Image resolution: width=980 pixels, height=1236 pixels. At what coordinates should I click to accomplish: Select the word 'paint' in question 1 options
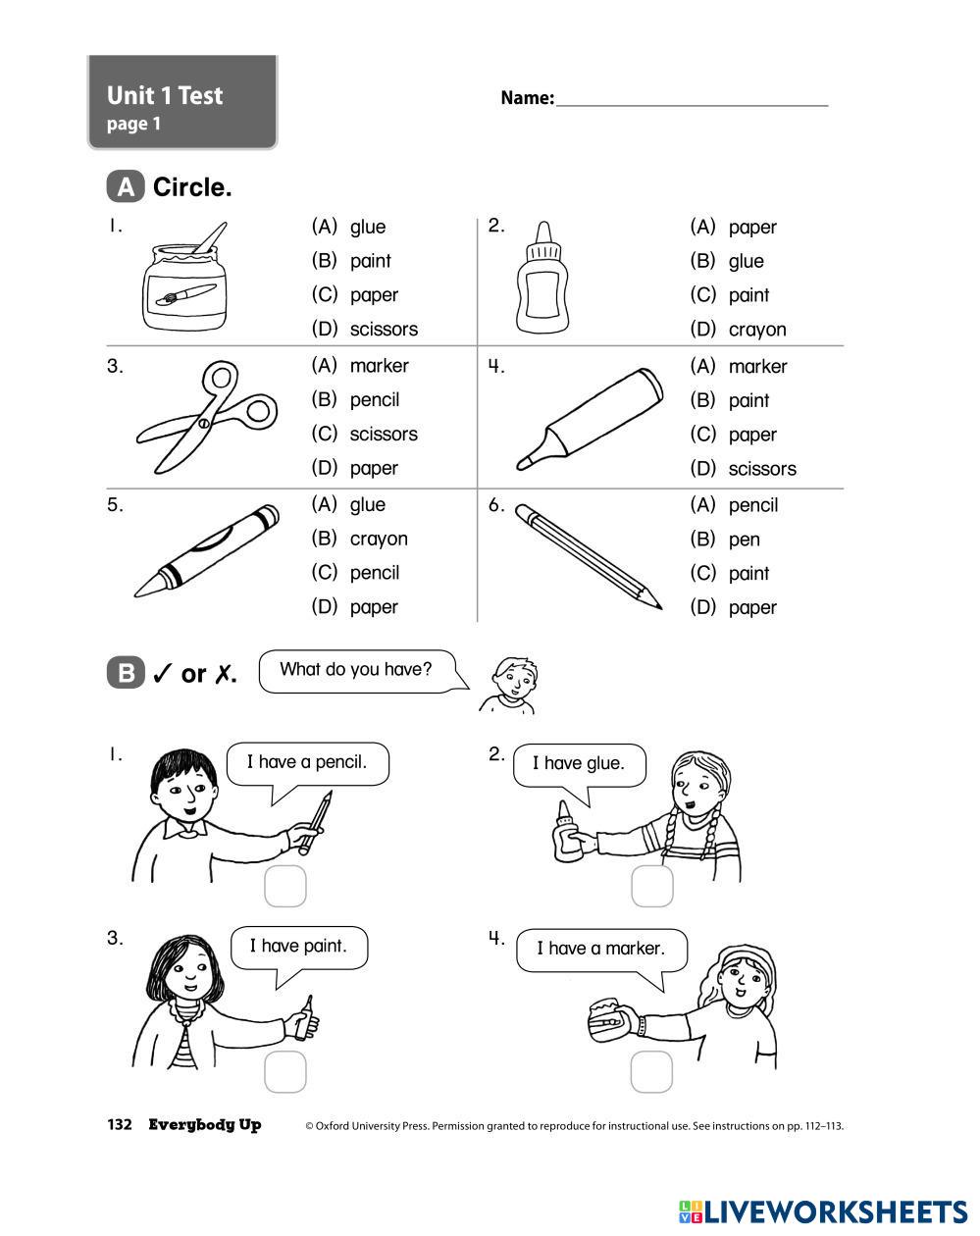point(370,261)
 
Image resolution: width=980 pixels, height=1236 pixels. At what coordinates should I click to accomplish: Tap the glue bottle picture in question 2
point(542,278)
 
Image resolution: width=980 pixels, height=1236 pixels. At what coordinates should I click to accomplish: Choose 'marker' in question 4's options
point(757,367)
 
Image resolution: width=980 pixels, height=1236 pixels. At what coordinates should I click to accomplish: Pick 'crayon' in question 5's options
point(378,539)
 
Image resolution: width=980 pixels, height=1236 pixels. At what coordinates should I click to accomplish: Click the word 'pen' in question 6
point(744,540)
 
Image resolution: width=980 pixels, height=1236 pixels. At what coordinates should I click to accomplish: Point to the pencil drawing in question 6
point(589,556)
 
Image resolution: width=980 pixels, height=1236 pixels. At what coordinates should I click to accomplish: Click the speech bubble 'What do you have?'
point(356,671)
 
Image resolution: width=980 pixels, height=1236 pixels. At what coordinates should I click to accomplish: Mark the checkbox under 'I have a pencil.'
point(285,887)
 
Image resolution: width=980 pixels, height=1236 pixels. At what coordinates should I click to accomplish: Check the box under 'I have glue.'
point(651,887)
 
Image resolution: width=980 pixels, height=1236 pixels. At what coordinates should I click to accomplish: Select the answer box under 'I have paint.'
point(285,1072)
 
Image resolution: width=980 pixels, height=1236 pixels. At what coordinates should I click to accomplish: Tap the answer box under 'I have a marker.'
point(651,1072)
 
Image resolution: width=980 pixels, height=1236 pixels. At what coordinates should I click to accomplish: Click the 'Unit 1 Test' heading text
point(165,96)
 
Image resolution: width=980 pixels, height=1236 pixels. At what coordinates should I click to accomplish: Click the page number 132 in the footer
point(120,1125)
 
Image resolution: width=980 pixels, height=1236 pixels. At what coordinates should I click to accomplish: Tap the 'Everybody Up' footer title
point(205,1125)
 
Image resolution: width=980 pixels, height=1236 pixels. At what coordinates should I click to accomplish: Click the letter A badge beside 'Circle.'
point(126,186)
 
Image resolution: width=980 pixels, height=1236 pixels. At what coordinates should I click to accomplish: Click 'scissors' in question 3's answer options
point(383,435)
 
